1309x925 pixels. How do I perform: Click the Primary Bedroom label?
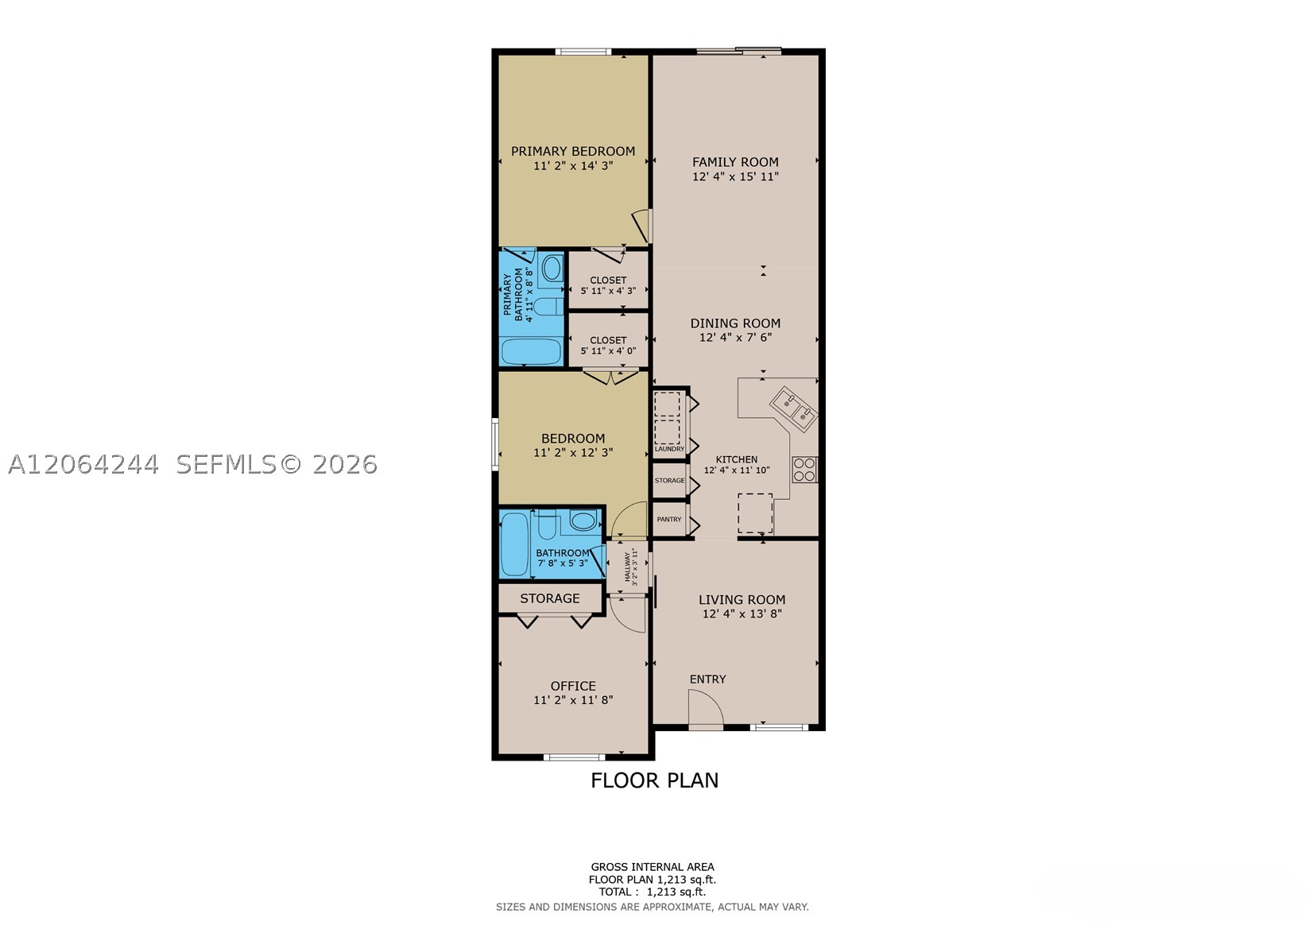click(573, 151)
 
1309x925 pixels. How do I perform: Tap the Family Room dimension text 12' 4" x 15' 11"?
click(735, 176)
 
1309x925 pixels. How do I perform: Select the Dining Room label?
click(735, 323)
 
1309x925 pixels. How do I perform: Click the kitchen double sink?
click(793, 408)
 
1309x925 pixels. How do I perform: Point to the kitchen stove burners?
click(804, 470)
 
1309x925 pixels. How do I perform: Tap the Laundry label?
click(669, 449)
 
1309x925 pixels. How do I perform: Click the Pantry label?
click(669, 519)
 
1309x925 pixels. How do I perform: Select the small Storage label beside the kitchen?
click(669, 480)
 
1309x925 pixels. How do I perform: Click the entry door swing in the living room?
click(705, 709)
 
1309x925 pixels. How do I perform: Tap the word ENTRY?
click(707, 679)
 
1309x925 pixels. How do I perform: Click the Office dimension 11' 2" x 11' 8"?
click(573, 700)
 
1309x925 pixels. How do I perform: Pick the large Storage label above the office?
click(550, 598)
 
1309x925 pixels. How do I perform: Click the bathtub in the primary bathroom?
click(532, 351)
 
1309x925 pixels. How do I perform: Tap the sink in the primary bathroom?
click(552, 269)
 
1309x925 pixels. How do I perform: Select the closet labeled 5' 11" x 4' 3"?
click(608, 280)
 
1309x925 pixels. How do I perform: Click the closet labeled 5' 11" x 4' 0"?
click(608, 340)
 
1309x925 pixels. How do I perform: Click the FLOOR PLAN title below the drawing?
click(655, 780)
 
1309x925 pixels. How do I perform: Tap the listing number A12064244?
click(83, 465)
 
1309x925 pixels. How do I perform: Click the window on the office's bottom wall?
click(574, 757)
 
